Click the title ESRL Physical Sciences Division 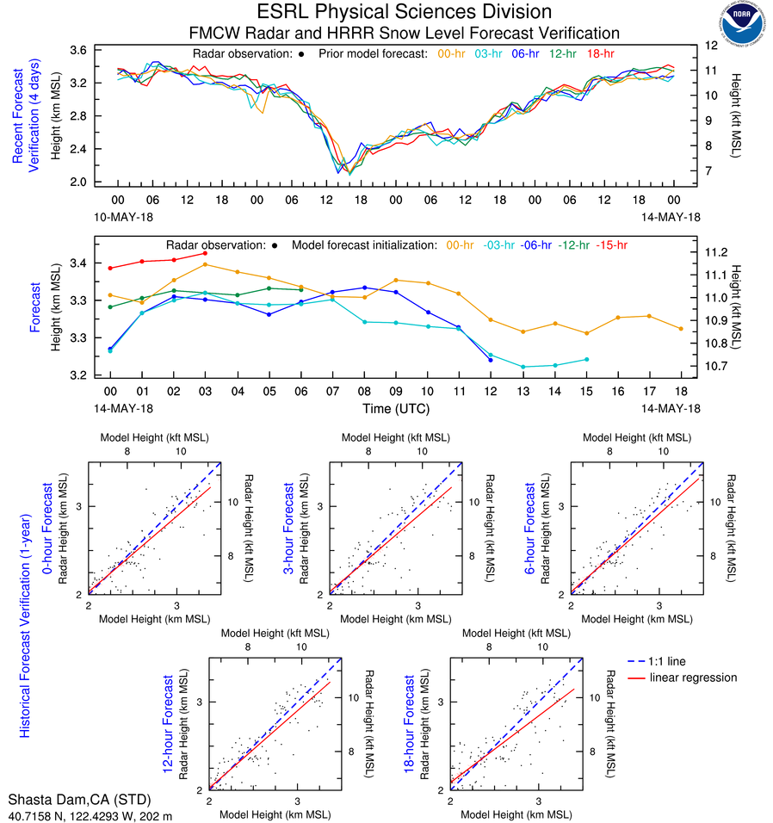(404, 12)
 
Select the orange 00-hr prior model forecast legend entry (453, 53)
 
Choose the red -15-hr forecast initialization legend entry (614, 245)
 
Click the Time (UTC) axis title (396, 408)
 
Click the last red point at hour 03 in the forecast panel (205, 253)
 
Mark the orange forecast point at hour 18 (681, 328)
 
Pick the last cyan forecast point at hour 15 (586, 359)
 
